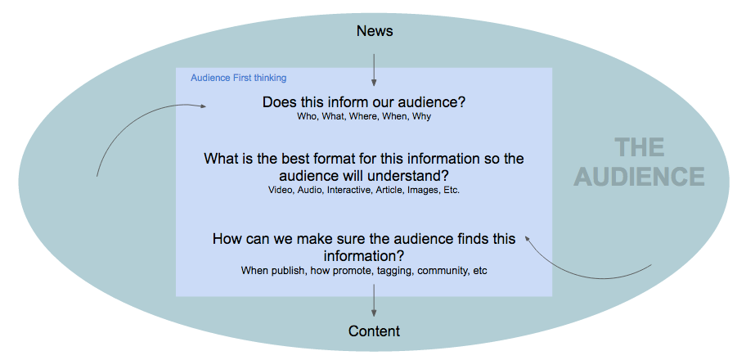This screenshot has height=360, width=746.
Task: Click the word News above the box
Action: click(375, 31)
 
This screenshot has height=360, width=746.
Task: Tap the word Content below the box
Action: click(374, 331)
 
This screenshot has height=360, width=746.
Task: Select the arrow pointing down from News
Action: click(374, 70)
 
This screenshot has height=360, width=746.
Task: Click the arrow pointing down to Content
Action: click(374, 301)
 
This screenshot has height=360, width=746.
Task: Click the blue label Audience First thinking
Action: click(238, 78)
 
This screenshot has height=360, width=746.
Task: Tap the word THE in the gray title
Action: click(639, 148)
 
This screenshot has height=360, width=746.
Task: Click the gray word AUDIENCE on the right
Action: click(639, 177)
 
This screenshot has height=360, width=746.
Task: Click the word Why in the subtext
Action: click(421, 116)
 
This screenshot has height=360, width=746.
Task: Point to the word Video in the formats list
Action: click(280, 190)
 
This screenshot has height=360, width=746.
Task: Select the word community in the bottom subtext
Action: click(443, 270)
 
